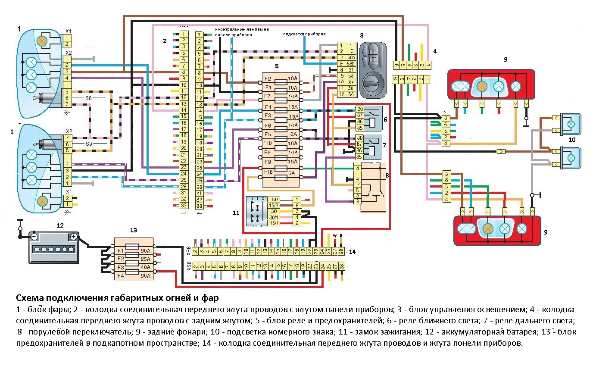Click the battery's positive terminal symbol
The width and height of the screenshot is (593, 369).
coord(74,236)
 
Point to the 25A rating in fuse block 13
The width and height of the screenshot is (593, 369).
coord(145,259)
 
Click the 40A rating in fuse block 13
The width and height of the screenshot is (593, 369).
coord(145,268)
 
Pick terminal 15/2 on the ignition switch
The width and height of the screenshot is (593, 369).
coord(273,206)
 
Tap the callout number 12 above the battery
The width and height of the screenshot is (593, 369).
coord(60,225)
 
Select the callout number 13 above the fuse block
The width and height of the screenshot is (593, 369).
coord(134,230)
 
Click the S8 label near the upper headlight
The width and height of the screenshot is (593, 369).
coord(88,98)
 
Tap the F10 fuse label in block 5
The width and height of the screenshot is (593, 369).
coord(268,143)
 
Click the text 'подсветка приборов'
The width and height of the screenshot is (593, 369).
coord(304,34)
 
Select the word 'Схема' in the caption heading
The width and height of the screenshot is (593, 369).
coord(30,298)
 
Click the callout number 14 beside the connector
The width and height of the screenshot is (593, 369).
coord(353,251)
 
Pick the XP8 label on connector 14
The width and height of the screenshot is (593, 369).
coord(189,251)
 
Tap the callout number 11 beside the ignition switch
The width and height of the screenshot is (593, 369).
coord(236,213)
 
